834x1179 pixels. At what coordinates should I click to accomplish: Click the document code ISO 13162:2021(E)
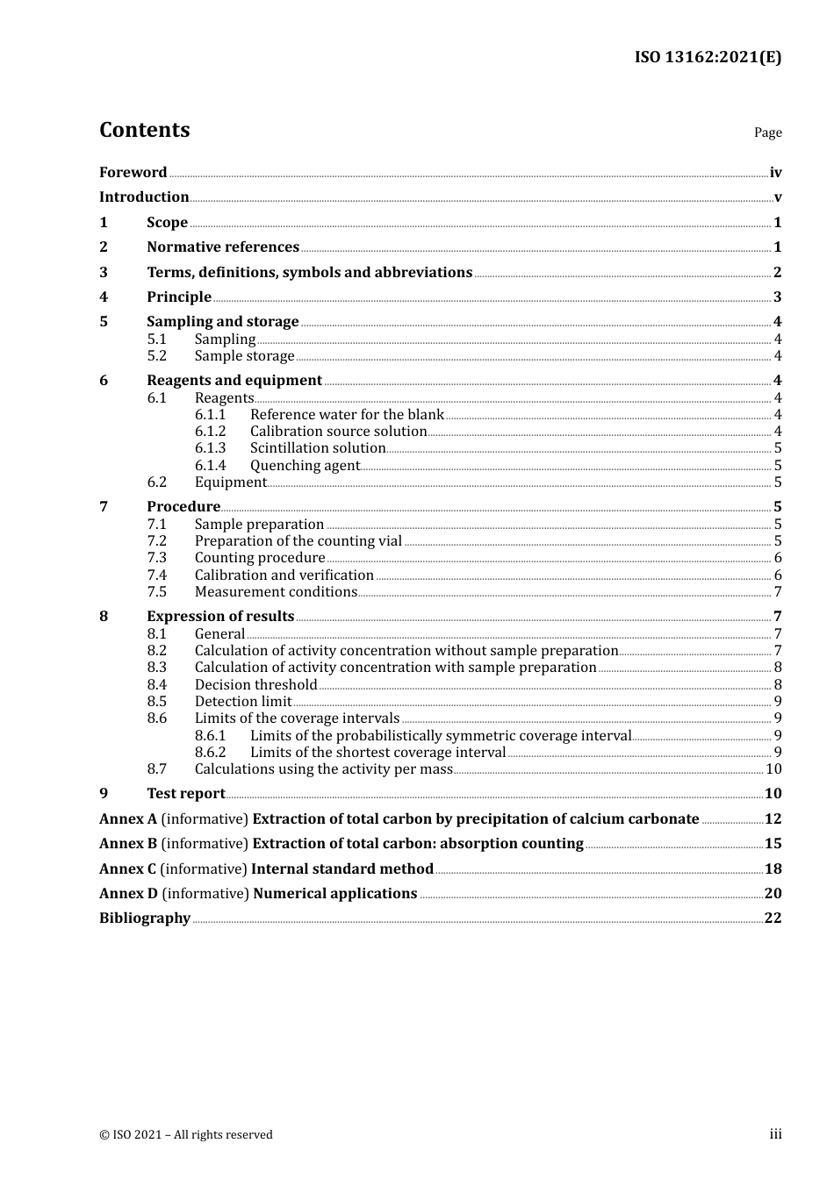click(x=708, y=57)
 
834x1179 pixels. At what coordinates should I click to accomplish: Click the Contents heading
click(x=144, y=130)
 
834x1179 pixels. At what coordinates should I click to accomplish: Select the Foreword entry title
click(x=133, y=172)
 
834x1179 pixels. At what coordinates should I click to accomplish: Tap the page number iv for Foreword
click(x=775, y=173)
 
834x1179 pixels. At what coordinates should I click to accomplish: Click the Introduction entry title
click(x=144, y=197)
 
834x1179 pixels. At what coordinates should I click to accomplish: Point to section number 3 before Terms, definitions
click(x=104, y=272)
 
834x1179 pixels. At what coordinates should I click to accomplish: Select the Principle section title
click(x=179, y=297)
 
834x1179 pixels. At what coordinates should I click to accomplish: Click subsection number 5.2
click(x=156, y=356)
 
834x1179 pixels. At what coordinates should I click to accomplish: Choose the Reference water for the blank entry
click(x=347, y=415)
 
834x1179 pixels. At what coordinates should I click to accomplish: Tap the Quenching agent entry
click(x=305, y=466)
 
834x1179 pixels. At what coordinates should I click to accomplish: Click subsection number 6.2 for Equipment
click(x=156, y=482)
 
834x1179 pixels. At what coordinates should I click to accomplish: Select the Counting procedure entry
click(x=260, y=558)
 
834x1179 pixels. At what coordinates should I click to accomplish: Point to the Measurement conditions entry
click(x=276, y=592)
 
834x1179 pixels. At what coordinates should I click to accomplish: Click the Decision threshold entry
click(x=255, y=685)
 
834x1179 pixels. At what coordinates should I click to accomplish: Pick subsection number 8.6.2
click(x=210, y=753)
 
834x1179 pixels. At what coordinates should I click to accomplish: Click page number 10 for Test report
click(x=773, y=794)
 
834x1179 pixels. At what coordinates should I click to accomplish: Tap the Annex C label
click(x=127, y=868)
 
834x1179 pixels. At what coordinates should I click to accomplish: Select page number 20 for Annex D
click(x=773, y=893)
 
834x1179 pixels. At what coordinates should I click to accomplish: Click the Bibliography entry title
click(x=145, y=918)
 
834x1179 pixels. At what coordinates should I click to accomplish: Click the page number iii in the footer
click(x=775, y=1134)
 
